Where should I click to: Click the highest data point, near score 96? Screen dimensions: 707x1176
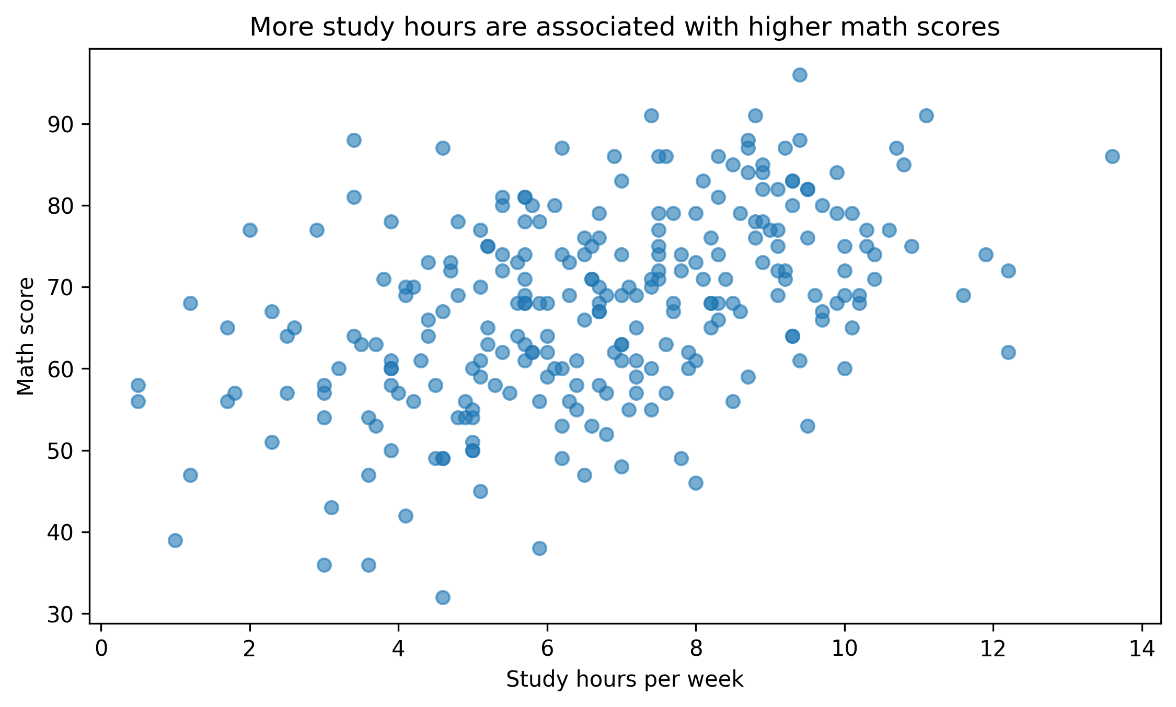800,75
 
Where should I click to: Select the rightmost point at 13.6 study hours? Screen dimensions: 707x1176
1112,156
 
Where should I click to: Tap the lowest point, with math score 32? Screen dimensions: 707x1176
443,597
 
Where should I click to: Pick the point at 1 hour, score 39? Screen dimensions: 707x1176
175,540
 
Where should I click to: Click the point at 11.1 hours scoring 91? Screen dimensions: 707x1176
926,115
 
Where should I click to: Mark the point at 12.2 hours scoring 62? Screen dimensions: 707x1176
1008,352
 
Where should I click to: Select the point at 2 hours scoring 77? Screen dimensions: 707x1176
250,230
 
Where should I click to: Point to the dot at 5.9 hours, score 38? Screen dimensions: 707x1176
539,548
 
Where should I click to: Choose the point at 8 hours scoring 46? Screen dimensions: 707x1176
696,483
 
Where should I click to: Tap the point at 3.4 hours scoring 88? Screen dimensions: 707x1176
354,140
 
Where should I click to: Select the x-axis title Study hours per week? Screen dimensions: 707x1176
625,680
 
